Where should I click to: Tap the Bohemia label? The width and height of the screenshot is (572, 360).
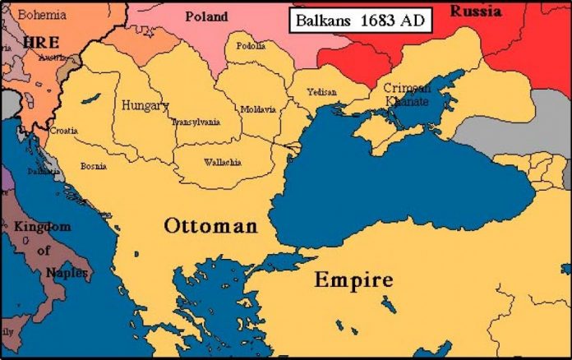[43, 14]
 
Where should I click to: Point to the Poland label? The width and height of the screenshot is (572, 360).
[207, 16]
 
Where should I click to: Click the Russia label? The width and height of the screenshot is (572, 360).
[479, 12]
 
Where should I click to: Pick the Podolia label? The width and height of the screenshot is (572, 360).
[251, 46]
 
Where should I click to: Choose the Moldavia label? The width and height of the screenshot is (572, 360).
[258, 109]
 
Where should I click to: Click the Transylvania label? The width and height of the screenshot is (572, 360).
[196, 122]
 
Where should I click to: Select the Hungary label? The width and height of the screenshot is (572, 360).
[145, 106]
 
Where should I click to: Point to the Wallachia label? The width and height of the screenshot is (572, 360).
[222, 162]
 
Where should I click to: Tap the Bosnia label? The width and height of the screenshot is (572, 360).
[93, 166]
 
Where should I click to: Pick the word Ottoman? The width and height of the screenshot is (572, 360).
[210, 225]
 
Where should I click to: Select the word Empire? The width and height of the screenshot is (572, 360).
[353, 279]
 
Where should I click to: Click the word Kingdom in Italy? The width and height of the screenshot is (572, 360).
[42, 227]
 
